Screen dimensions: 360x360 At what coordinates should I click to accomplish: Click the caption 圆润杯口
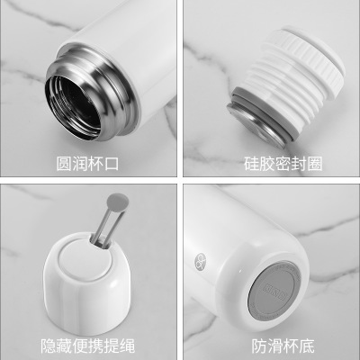point(87,164)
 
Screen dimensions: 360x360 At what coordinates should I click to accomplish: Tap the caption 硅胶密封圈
point(283,164)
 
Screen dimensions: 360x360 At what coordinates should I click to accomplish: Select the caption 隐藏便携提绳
point(88,346)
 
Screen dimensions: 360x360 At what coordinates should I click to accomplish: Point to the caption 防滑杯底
point(283,346)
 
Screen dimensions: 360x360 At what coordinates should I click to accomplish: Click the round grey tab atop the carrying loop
point(118,202)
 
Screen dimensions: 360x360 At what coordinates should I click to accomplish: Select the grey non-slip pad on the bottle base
point(274,291)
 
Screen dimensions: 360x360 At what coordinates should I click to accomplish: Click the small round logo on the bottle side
point(201,260)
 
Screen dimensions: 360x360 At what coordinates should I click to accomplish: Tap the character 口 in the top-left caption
point(111,164)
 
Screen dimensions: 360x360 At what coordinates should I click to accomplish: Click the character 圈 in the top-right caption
point(315,164)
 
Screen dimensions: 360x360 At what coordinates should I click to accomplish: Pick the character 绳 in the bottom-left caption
point(128,346)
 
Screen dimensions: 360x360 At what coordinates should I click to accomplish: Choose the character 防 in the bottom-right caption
point(259,346)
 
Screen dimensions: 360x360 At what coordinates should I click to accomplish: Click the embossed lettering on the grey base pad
point(274,292)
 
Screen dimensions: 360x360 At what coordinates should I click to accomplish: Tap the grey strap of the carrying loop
point(108,225)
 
